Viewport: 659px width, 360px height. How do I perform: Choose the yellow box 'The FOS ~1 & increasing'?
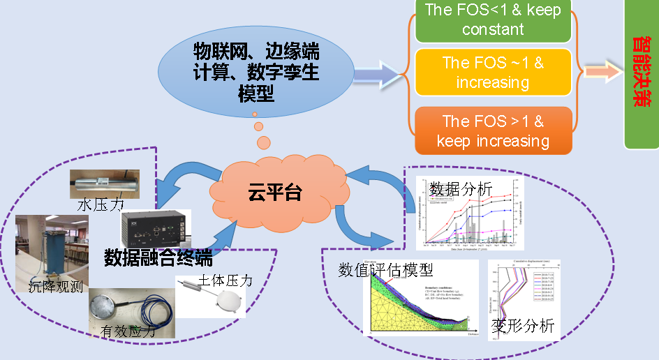492,72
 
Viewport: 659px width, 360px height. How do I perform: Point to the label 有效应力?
127,333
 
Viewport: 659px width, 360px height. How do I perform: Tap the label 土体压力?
225,280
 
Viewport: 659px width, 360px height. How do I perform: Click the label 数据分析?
461,189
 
